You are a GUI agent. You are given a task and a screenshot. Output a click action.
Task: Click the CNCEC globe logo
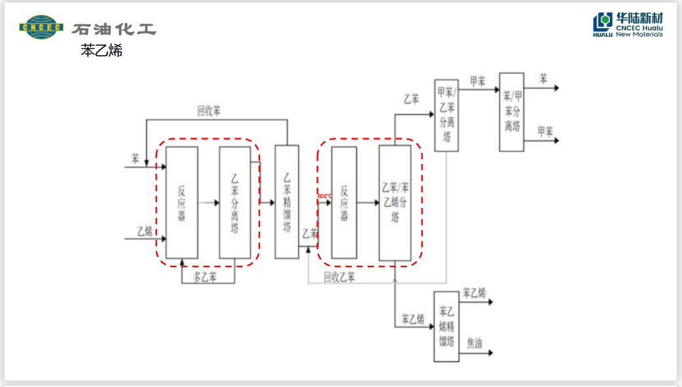(x=41, y=27)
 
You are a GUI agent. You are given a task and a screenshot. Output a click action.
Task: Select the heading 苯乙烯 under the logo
(x=102, y=51)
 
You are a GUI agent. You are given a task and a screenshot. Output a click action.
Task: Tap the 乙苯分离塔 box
(x=235, y=202)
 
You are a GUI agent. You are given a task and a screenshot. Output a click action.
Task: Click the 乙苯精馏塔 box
(x=287, y=202)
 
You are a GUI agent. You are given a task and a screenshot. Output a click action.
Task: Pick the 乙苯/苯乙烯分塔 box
(x=395, y=202)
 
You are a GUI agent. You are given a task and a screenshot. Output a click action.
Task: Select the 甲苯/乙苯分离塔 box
(x=446, y=115)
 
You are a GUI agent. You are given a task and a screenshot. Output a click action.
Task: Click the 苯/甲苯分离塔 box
(x=511, y=112)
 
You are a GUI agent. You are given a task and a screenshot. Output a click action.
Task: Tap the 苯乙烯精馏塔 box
(x=446, y=326)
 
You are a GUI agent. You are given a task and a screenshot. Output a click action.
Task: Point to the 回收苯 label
(x=209, y=111)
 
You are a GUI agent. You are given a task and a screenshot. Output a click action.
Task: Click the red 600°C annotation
(x=324, y=196)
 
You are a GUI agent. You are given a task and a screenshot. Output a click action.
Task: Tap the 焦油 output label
(x=475, y=342)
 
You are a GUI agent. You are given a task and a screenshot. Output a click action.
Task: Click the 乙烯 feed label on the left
(x=145, y=231)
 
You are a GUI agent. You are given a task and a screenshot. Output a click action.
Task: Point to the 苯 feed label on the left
(x=135, y=159)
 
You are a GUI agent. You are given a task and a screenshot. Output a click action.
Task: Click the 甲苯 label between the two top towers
(x=477, y=81)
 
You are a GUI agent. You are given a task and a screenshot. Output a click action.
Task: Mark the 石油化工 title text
(x=114, y=30)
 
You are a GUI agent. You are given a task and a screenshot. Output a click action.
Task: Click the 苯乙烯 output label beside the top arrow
(x=474, y=293)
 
